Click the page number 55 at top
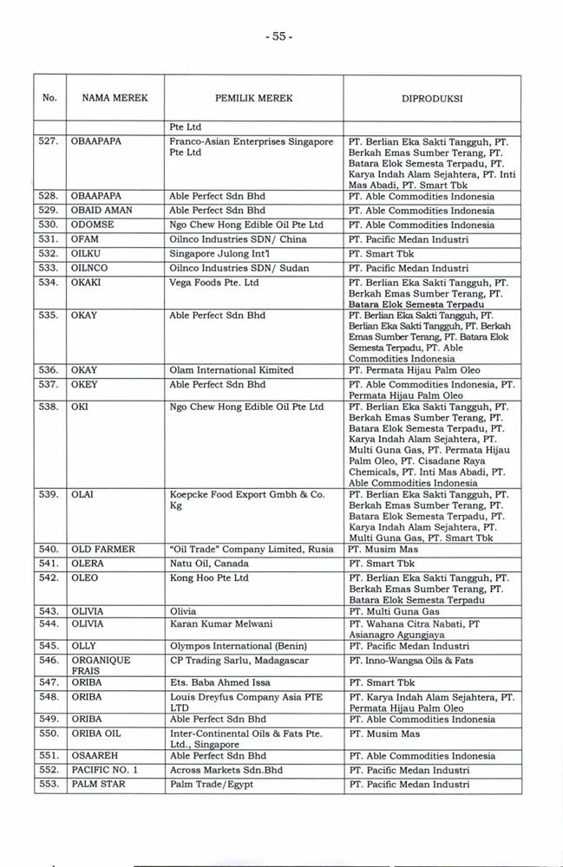click(x=281, y=36)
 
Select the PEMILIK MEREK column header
click(x=253, y=99)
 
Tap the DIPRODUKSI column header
click(x=431, y=99)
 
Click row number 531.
click(x=49, y=239)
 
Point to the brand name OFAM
click(x=85, y=239)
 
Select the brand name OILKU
click(x=88, y=253)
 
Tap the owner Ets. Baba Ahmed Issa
click(x=219, y=682)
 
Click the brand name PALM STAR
click(x=98, y=785)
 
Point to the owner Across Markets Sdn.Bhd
click(x=223, y=771)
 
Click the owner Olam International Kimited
click(x=232, y=370)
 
